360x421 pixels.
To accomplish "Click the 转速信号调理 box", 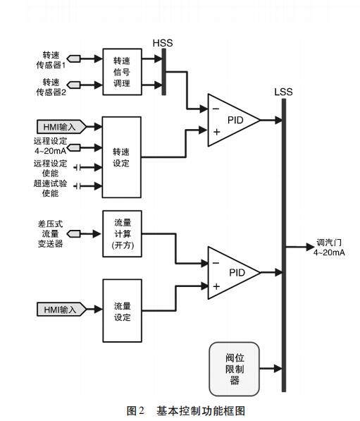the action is [x=123, y=72].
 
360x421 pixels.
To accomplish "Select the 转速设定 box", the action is [x=122, y=157].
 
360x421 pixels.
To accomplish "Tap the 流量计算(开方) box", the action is [x=123, y=234].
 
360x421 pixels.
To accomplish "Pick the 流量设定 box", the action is [x=123, y=311].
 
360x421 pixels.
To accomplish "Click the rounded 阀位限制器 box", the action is [x=234, y=369].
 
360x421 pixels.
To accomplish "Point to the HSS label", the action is [x=163, y=43].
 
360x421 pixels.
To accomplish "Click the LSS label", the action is [x=283, y=92].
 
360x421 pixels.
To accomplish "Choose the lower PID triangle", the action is [x=234, y=273].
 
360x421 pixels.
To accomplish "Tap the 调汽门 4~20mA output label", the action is [x=329, y=248].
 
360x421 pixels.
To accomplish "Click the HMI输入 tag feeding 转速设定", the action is [x=61, y=127].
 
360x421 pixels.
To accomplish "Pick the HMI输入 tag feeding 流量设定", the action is [x=61, y=310].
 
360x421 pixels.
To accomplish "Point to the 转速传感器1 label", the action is [x=51, y=60].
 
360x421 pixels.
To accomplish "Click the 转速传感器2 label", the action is [x=51, y=87].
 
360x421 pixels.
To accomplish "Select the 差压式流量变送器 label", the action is [x=50, y=233].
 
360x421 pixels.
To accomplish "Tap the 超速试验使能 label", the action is [x=50, y=188].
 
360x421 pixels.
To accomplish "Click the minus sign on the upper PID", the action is [x=216, y=109].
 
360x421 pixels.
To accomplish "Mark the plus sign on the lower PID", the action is [x=216, y=286].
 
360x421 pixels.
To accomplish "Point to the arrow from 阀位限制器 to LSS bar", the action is [x=271, y=368].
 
